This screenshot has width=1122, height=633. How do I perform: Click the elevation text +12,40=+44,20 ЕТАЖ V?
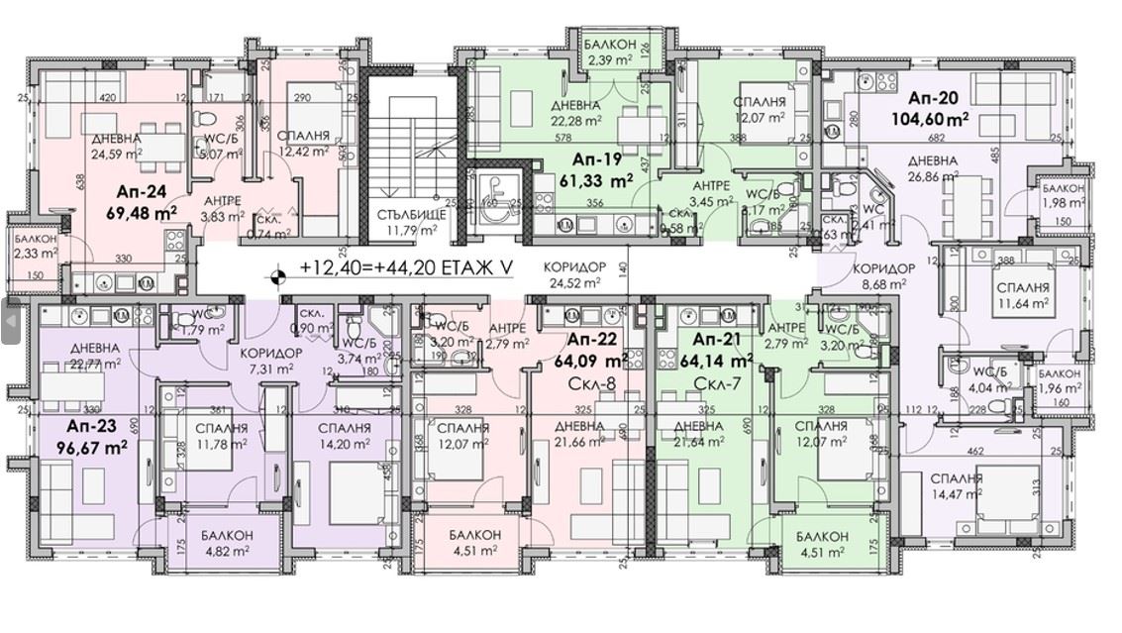point(407,267)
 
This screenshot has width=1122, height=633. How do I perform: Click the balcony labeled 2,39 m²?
point(610,53)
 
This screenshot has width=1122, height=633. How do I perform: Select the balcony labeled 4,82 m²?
point(227,543)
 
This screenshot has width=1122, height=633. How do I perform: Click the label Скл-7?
point(711,382)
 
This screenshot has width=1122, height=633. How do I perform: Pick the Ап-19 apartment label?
point(596,158)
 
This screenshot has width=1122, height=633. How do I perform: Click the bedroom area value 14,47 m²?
point(956,493)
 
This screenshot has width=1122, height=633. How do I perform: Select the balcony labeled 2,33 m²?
point(35,246)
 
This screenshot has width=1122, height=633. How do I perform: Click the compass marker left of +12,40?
point(280,267)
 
